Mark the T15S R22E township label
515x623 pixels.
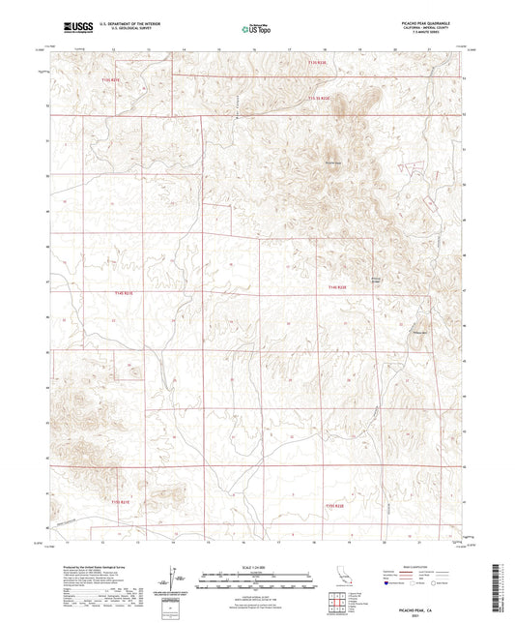pyautogui.click(x=334, y=505)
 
